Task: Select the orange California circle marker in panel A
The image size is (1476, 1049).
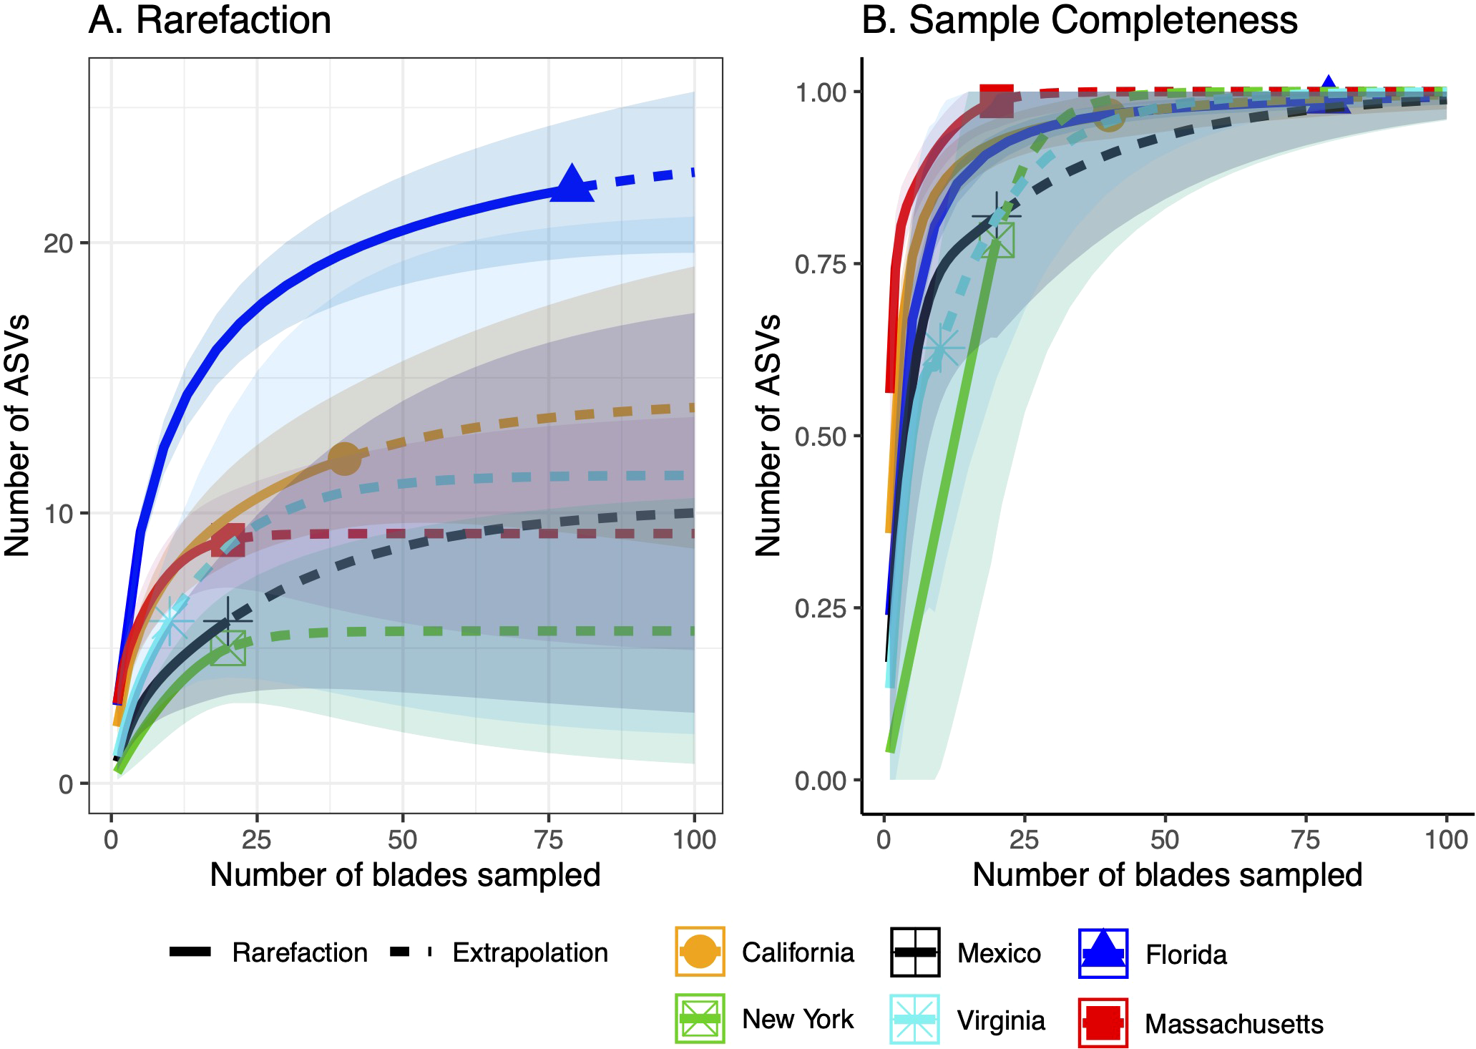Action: [344, 458]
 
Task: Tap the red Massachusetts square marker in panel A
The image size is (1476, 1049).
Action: [228, 540]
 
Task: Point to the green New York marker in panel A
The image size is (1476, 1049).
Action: [228, 648]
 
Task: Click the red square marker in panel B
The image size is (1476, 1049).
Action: [996, 99]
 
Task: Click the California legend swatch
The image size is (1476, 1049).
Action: [700, 952]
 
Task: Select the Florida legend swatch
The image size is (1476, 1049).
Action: [1103, 953]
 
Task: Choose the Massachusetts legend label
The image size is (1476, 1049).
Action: [1233, 1024]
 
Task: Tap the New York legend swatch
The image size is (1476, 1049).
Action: [700, 1018]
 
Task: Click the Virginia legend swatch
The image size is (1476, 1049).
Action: [914, 1019]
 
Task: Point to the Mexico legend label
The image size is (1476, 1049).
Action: [999, 953]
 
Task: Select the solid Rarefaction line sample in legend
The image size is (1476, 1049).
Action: [190, 952]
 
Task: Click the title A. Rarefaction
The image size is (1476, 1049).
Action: [210, 20]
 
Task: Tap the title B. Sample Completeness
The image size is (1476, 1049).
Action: [1079, 20]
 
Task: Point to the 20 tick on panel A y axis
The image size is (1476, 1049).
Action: [57, 244]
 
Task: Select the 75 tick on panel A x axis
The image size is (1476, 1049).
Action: [549, 839]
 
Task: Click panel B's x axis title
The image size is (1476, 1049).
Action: [1167, 875]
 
